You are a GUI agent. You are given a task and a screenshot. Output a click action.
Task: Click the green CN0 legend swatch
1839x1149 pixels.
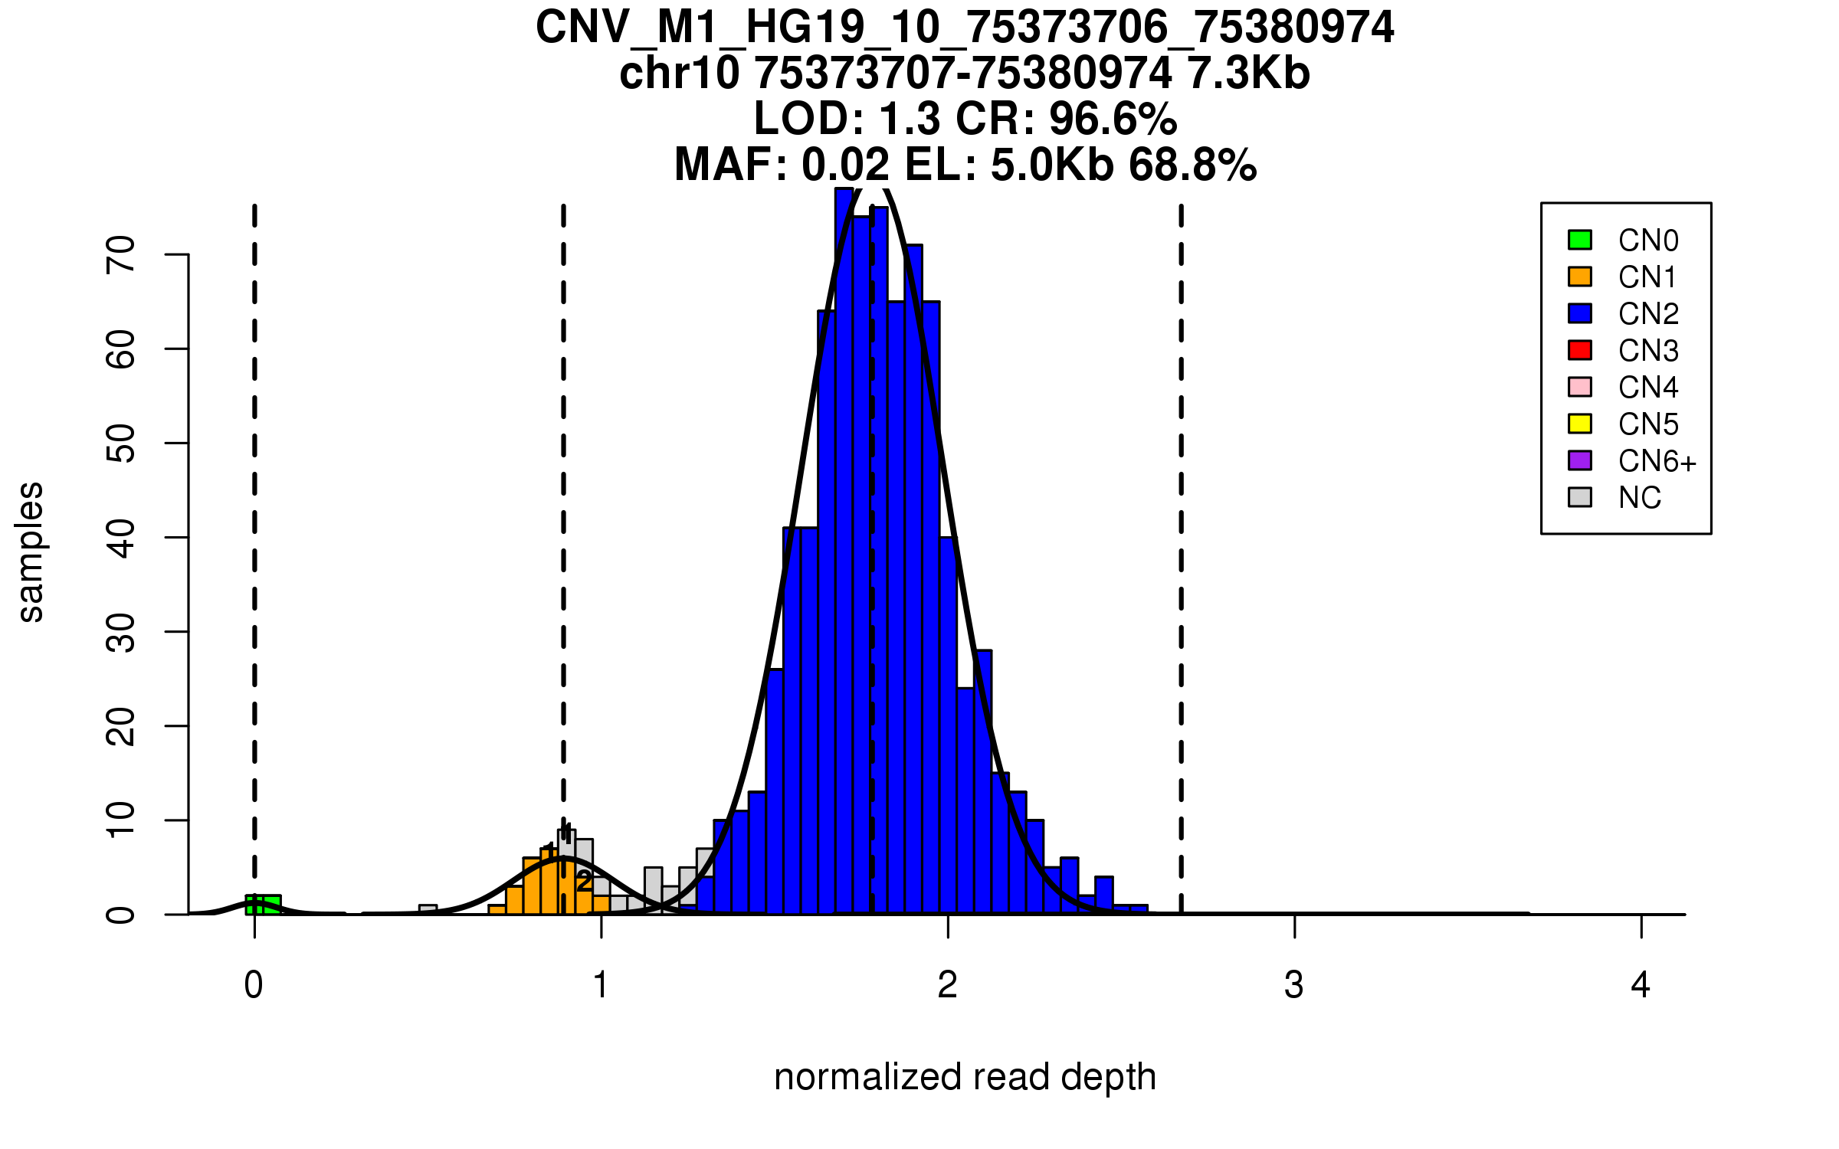tap(1579, 240)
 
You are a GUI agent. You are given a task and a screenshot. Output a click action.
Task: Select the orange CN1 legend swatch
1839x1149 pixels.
tap(1579, 277)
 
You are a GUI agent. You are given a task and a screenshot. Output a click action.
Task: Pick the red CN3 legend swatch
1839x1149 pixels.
tap(1579, 350)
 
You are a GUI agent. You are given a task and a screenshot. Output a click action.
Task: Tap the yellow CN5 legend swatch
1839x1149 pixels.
tap(1579, 424)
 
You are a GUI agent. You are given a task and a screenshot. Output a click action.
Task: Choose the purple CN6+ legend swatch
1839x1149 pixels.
tap(1579, 460)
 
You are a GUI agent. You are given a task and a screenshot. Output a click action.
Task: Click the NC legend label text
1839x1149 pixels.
tap(1639, 498)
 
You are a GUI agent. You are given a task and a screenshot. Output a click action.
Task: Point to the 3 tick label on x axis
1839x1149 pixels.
tap(1293, 985)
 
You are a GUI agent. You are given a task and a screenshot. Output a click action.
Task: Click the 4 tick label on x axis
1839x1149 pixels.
tap(1641, 985)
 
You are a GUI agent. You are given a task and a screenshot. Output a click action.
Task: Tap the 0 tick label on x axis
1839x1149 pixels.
tap(254, 985)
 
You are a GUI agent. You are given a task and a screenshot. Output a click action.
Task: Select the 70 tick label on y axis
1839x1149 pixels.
tap(121, 254)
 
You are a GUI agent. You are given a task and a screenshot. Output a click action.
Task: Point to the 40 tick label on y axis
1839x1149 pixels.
tap(121, 538)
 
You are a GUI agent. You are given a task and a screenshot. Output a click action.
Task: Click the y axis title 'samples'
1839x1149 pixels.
tap(31, 552)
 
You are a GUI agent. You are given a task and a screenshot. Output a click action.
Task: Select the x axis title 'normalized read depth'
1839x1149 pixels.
tap(965, 1077)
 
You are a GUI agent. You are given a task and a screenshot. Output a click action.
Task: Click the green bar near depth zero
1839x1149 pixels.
tap(263, 905)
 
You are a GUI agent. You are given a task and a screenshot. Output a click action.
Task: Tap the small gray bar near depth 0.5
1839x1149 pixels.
tap(428, 909)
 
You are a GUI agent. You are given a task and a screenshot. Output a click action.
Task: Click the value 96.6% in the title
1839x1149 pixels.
tap(1113, 119)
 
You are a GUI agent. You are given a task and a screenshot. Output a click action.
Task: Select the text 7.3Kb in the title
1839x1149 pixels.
tap(1248, 74)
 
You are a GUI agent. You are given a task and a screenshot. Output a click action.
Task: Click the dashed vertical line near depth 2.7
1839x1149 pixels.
tap(1181, 536)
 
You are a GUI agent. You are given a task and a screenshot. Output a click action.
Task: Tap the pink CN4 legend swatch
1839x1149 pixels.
tap(1579, 387)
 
